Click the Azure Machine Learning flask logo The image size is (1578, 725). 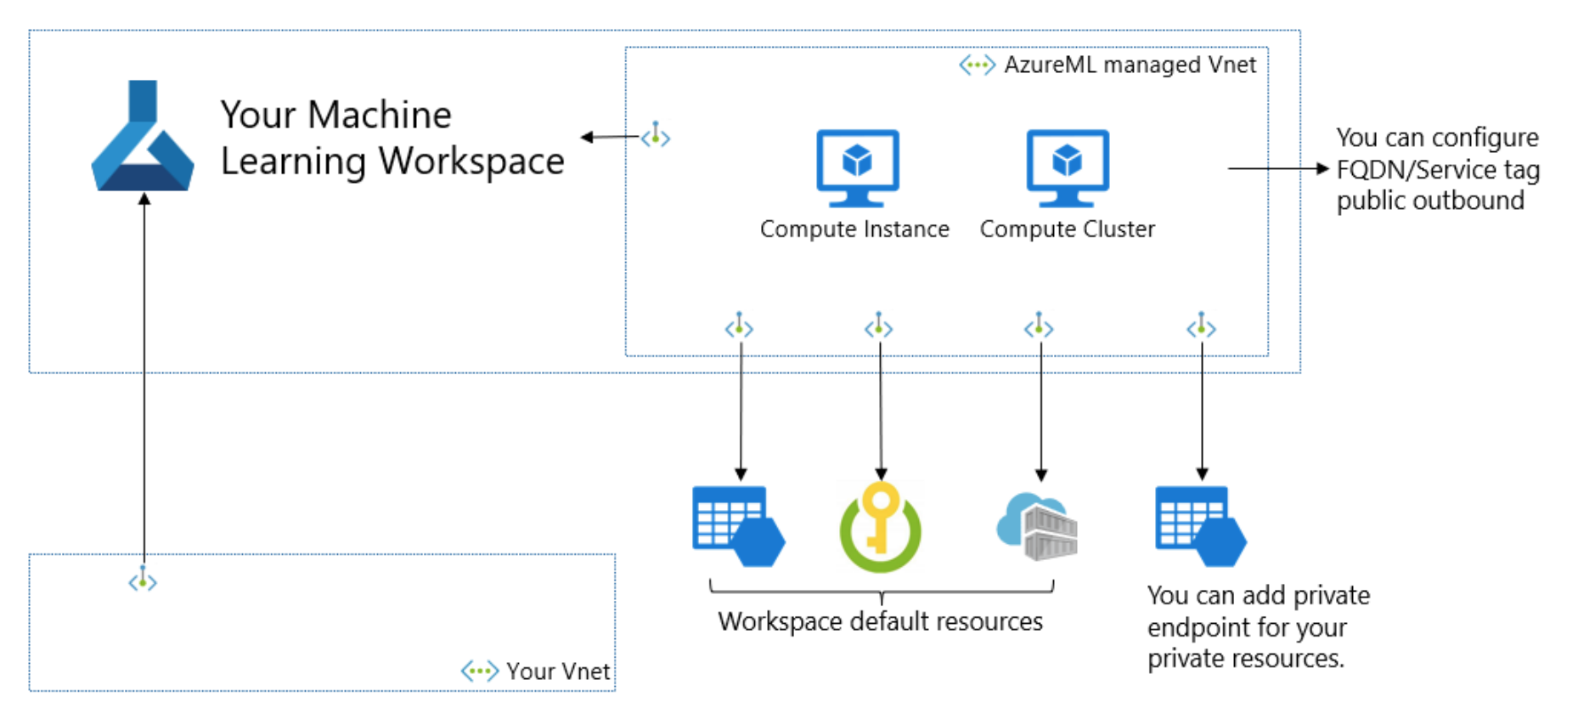point(143,140)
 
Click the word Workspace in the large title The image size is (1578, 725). point(471,161)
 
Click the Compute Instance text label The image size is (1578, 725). point(854,229)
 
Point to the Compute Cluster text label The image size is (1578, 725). point(1067,229)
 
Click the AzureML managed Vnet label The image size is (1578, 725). point(1130,65)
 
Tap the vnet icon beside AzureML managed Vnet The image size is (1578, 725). point(977,65)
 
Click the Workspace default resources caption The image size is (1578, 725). point(880,621)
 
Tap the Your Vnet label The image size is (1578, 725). point(558,671)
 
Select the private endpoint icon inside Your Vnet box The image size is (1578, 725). point(143,581)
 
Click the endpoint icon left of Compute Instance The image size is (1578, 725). point(656,135)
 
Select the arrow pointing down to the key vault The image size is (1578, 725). point(881,408)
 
